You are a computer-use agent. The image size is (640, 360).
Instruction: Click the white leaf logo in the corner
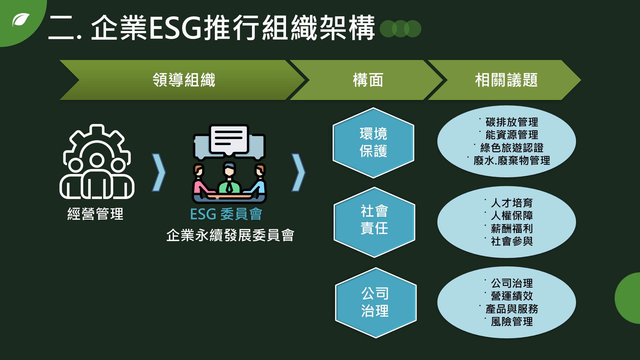[21, 20]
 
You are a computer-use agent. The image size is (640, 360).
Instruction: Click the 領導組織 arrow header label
[184, 80]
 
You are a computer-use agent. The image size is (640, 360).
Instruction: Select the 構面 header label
[368, 80]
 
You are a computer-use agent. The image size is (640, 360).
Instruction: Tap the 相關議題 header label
[506, 80]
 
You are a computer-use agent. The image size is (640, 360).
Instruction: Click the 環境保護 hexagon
[373, 143]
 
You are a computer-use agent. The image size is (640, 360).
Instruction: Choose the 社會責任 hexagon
[374, 222]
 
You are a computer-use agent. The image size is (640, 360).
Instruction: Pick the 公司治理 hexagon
[376, 303]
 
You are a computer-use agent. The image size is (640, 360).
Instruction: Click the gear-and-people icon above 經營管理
[97, 161]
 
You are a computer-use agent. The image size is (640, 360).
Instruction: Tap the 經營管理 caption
[95, 214]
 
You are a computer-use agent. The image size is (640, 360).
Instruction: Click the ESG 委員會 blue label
[226, 214]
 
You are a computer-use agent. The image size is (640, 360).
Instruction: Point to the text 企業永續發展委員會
[230, 235]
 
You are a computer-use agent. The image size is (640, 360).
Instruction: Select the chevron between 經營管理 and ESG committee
[159, 172]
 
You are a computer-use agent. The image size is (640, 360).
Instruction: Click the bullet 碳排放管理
[512, 122]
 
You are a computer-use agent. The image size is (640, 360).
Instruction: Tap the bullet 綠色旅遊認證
[512, 148]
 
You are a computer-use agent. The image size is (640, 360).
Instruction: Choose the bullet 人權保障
[512, 215]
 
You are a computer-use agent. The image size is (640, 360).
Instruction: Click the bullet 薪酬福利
[512, 228]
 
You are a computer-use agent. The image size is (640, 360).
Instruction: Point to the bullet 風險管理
[512, 322]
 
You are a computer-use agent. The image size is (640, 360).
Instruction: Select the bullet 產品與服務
[512, 309]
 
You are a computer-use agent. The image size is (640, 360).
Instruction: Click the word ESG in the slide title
[175, 28]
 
